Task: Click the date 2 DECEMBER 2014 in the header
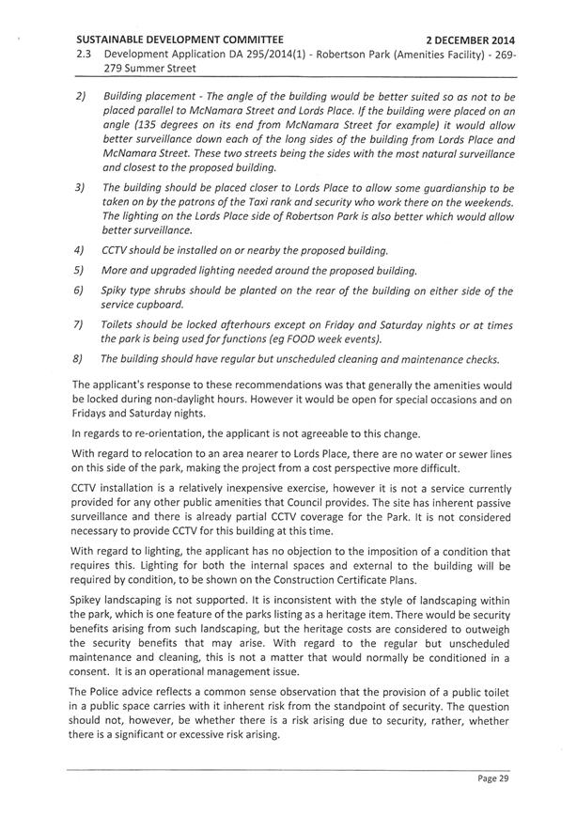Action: pos(470,40)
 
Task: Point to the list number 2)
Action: pos(80,97)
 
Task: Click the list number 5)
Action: pos(80,271)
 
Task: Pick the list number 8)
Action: pos(80,358)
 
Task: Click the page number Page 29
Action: pos(491,778)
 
